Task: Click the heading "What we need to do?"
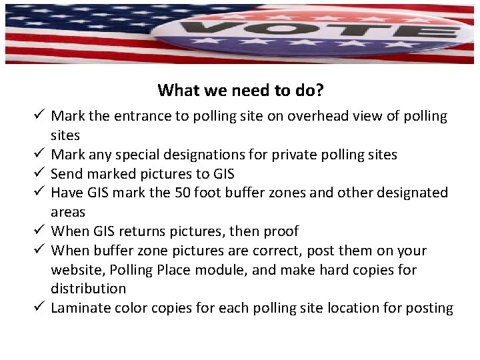(x=241, y=89)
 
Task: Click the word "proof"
(x=280, y=231)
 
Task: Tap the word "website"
(x=75, y=270)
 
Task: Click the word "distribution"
(x=89, y=289)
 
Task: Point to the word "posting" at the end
(x=430, y=308)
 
